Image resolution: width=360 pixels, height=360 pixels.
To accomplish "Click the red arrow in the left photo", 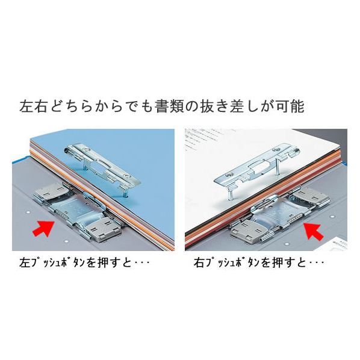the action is [x=44, y=228].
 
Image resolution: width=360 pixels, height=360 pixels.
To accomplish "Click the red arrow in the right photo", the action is [x=314, y=231].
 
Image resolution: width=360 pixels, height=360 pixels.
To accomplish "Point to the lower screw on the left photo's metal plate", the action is [x=128, y=176].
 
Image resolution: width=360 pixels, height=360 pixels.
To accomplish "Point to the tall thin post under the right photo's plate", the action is [x=279, y=166].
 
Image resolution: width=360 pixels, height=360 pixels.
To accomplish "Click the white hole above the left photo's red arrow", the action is [x=28, y=212].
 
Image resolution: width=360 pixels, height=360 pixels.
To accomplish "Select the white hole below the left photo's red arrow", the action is [x=67, y=241].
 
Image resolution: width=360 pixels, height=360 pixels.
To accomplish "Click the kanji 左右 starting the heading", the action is [x=34, y=107].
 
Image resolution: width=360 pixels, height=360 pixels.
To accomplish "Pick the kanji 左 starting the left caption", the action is [x=25, y=262].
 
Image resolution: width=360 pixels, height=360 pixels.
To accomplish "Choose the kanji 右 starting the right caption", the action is [x=199, y=262].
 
